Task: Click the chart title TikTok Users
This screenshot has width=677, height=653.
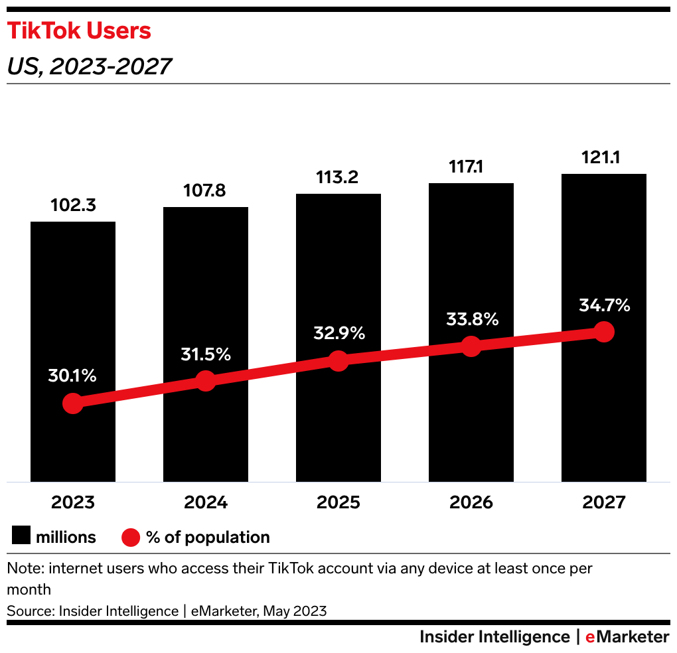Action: (x=79, y=31)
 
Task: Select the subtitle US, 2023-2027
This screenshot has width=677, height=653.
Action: (x=89, y=66)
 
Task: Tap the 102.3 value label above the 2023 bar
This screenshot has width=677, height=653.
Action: (x=73, y=206)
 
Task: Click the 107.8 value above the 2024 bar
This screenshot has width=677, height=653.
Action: (x=206, y=191)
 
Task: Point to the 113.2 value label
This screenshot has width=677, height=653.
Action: (x=338, y=178)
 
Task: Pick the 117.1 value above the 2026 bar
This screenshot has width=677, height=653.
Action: (x=471, y=167)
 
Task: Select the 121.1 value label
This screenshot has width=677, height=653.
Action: (x=604, y=158)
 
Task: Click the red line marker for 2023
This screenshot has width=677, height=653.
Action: (x=73, y=403)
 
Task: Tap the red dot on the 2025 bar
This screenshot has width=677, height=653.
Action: (x=338, y=361)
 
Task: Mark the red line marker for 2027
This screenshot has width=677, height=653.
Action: (x=604, y=331)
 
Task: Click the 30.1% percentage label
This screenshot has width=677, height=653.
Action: (x=72, y=376)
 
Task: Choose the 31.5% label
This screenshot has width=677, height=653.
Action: (x=206, y=354)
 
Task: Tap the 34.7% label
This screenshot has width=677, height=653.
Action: (x=604, y=306)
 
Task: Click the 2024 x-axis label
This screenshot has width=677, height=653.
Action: (x=206, y=502)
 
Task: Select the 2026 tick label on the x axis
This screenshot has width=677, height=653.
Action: (x=471, y=502)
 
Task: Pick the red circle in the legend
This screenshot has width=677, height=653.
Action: (x=131, y=537)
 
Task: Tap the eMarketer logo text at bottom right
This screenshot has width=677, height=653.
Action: (x=627, y=637)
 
